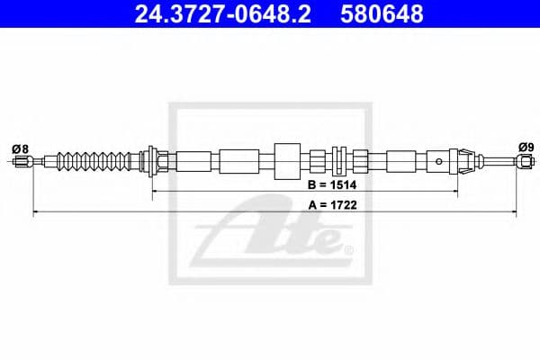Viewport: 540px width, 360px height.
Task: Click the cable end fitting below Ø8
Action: pos(23,163)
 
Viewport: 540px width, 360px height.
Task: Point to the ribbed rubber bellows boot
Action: pos(99,162)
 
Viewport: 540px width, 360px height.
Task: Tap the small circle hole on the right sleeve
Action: pos(438,163)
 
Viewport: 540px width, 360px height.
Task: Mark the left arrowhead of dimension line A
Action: pos(36,213)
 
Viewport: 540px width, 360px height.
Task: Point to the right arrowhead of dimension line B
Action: pos(457,193)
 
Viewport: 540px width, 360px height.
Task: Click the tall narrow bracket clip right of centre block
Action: pos(340,162)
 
